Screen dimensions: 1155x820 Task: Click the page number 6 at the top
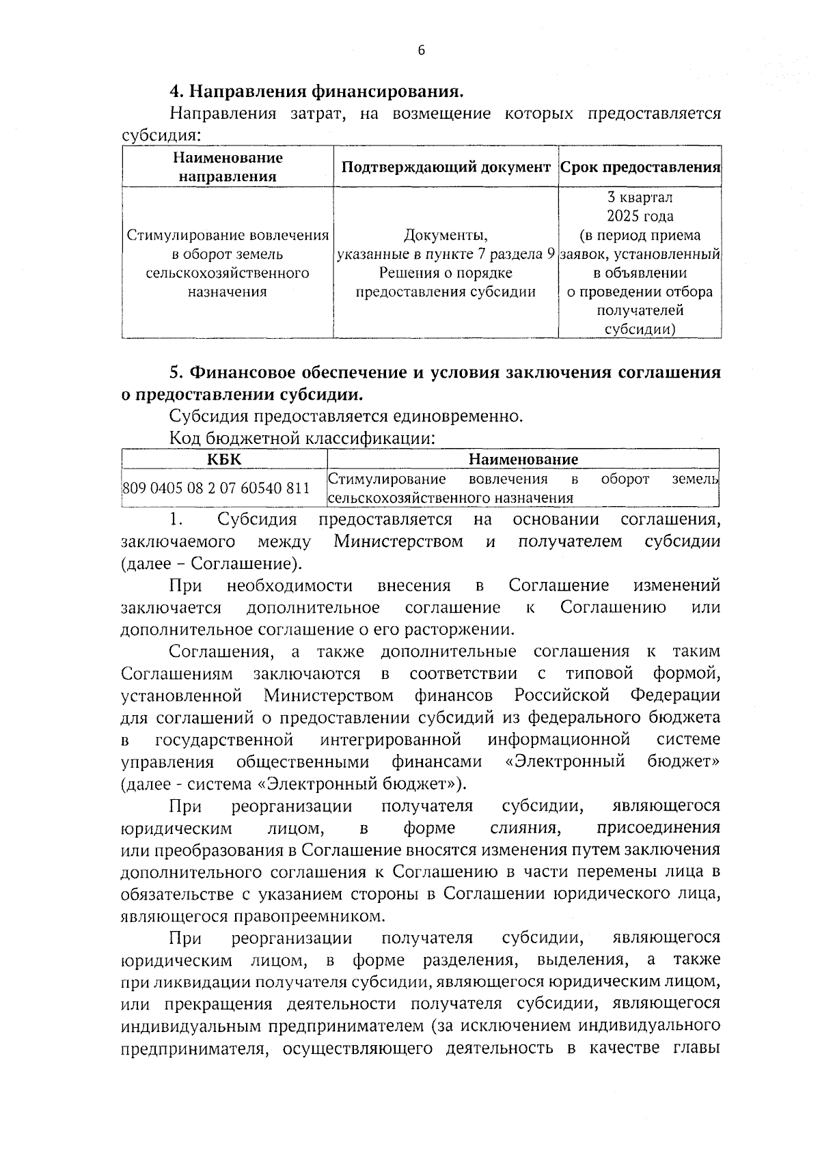pos(421,50)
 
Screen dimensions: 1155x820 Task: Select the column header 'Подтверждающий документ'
pos(446,167)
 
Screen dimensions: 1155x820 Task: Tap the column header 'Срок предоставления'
pos(640,167)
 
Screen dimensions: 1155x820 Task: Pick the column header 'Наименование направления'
pos(228,167)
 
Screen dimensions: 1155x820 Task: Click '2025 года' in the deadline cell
pos(640,217)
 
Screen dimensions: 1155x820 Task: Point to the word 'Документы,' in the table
pos(446,236)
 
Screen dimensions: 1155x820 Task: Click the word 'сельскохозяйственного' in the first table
pos(228,273)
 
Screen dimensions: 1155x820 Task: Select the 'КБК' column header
pos(224,459)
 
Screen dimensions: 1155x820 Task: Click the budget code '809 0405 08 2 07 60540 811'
pos(216,488)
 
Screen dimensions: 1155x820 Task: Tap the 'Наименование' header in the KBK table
pos(523,459)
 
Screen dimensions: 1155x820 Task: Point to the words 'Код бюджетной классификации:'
pos(303,437)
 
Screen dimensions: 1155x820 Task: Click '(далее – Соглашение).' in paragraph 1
pos(211,564)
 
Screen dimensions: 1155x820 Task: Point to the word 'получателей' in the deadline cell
pos(640,311)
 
